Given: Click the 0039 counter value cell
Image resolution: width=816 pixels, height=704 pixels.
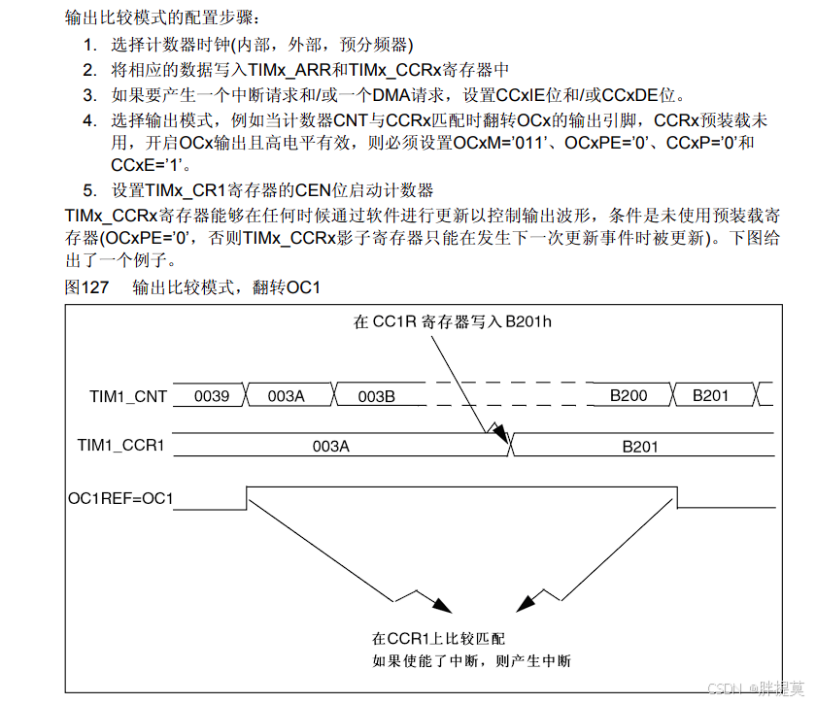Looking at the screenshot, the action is click(213, 396).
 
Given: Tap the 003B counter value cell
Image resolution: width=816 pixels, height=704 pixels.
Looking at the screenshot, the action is click(376, 396).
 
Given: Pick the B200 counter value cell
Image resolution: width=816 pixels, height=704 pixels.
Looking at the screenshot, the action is click(629, 396).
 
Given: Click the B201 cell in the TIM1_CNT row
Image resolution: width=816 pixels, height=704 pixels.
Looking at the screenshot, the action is click(710, 396).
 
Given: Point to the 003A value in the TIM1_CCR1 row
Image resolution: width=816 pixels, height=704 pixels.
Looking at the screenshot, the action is click(330, 447).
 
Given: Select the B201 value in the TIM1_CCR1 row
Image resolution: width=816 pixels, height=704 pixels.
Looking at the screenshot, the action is click(640, 447).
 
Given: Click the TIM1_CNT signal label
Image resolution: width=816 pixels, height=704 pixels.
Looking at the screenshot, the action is click(128, 396).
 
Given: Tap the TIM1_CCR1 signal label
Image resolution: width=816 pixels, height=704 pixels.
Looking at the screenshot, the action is click(120, 447).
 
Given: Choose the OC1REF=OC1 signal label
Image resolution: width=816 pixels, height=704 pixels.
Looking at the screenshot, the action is click(120, 499).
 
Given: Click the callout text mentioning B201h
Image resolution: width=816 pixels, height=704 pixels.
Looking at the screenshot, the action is click(453, 322).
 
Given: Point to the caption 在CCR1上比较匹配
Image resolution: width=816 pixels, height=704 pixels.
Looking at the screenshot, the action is click(439, 639).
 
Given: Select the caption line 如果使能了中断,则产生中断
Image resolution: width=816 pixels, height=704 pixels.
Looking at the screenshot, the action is click(472, 661).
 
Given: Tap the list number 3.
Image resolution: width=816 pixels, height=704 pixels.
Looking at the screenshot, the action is click(89, 95).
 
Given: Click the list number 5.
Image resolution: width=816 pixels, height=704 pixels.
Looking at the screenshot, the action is click(89, 190).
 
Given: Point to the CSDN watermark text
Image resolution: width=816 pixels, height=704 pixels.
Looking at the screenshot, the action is click(755, 688).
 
